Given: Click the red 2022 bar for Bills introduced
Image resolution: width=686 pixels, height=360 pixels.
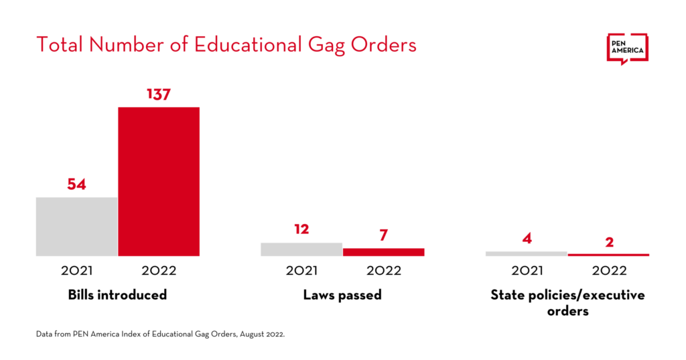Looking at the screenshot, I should pyautogui.click(x=159, y=181).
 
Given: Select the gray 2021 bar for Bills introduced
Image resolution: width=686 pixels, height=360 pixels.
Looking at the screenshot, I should pyautogui.click(x=77, y=226).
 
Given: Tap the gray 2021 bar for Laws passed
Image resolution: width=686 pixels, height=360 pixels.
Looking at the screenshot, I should pyautogui.click(x=301, y=249).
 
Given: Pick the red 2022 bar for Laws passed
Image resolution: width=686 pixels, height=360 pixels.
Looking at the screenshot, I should pyautogui.click(x=383, y=252).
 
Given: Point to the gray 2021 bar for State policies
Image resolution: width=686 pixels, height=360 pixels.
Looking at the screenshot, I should pyautogui.click(x=527, y=253).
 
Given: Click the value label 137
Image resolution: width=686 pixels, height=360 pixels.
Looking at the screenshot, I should pyautogui.click(x=159, y=95).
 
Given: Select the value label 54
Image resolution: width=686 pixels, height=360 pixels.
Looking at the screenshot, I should pyautogui.click(x=77, y=184).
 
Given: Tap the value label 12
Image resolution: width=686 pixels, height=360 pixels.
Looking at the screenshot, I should pyautogui.click(x=301, y=229).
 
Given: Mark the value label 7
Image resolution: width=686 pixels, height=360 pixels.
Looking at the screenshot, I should pyautogui.click(x=383, y=235).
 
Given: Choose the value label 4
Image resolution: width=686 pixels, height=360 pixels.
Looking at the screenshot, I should pyautogui.click(x=527, y=239).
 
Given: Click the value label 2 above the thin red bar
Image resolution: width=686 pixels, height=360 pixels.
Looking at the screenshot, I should pyautogui.click(x=608, y=242).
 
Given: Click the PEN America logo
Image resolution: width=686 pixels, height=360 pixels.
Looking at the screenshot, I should pyautogui.click(x=627, y=48).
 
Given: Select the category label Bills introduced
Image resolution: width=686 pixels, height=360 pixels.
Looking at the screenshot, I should pyautogui.click(x=117, y=295).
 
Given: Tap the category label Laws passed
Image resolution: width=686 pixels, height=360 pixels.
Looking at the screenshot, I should pyautogui.click(x=342, y=295).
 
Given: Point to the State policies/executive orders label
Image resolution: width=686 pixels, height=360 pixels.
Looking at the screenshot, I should pyautogui.click(x=567, y=302).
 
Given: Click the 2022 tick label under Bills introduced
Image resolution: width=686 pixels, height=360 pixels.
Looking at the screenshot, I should pyautogui.click(x=159, y=271).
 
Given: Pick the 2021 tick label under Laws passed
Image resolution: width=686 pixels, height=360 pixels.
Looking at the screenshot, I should pyautogui.click(x=301, y=271).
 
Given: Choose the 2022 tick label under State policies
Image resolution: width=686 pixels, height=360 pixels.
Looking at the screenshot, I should pyautogui.click(x=608, y=271).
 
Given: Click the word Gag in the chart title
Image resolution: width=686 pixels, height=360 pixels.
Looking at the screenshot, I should pyautogui.click(x=324, y=45).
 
